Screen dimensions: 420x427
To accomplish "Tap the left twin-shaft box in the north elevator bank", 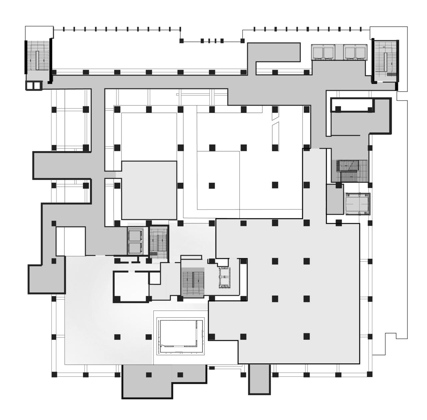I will (x=323, y=52).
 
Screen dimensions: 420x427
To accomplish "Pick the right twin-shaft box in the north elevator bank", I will (x=355, y=52).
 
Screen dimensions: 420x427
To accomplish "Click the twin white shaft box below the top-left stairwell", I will (x=34, y=86).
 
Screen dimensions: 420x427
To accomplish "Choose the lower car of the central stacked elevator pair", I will (x=135, y=247).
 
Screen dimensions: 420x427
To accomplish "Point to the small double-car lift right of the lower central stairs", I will (x=224, y=277).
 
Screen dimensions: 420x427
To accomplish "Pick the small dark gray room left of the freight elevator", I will (x=335, y=199).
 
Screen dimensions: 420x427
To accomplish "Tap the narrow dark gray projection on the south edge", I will (x=259, y=379).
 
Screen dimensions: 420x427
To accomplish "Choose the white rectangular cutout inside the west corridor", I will (x=70, y=241).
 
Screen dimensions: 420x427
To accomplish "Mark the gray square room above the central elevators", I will (x=149, y=190).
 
